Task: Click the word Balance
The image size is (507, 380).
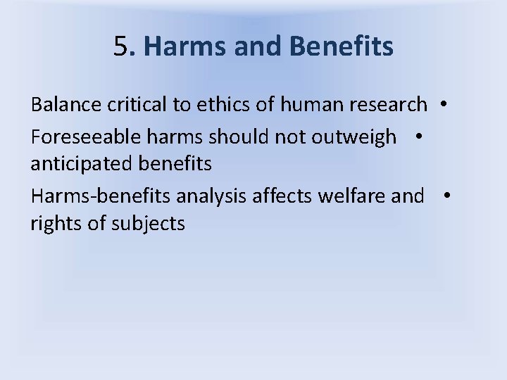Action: click(65, 105)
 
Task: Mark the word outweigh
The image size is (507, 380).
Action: click(358, 137)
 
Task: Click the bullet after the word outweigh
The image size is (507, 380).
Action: click(418, 137)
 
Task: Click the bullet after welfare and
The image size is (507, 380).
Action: click(446, 195)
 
